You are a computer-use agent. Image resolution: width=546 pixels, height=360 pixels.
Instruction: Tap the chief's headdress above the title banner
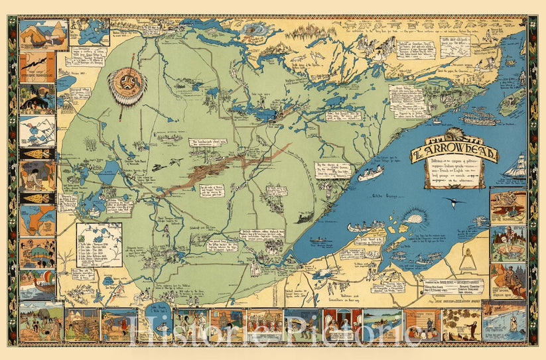click(x=454, y=139)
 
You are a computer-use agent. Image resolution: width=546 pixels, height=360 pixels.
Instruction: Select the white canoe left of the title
click(x=371, y=174)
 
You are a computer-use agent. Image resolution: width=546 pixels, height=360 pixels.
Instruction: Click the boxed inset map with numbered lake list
click(x=99, y=244)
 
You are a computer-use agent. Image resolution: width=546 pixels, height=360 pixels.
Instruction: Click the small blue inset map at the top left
click(x=89, y=31)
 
